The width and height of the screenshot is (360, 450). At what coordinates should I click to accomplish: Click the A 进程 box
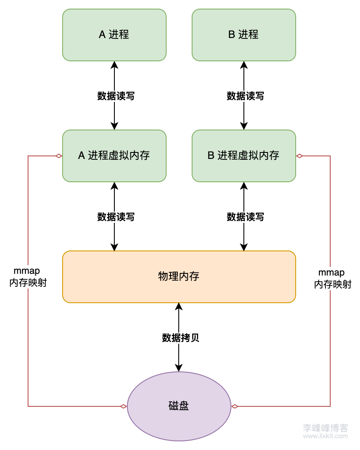(x=114, y=35)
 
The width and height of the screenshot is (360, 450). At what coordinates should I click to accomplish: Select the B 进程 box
(x=244, y=35)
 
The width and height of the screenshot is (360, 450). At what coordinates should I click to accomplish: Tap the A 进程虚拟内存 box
(x=114, y=156)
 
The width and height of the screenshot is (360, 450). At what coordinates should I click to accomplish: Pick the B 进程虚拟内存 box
(x=244, y=156)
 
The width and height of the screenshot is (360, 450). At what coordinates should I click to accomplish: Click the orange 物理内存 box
(x=179, y=277)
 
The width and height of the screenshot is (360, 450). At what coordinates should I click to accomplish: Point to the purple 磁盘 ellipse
(x=179, y=406)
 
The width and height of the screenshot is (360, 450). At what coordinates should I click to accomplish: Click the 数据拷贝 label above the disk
(x=180, y=338)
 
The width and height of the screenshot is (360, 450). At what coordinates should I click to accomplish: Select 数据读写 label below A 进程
(x=116, y=96)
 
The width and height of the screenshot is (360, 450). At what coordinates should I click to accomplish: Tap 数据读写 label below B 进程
(x=245, y=96)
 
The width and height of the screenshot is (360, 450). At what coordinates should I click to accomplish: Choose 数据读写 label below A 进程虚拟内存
(x=116, y=217)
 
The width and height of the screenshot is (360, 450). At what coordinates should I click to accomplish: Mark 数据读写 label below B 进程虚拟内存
(x=245, y=217)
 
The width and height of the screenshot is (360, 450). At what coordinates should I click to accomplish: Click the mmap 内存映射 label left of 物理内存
(x=28, y=277)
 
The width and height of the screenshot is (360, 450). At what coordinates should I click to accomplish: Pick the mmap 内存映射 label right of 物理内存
(x=332, y=279)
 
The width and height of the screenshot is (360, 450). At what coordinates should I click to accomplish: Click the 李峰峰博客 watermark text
(x=325, y=428)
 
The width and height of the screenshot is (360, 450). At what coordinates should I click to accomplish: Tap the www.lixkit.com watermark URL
(x=325, y=436)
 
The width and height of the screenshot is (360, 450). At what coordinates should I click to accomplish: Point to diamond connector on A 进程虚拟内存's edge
(x=59, y=156)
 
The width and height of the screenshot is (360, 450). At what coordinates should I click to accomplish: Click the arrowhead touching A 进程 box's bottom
(x=114, y=65)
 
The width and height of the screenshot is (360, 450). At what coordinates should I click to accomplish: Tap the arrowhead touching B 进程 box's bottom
(x=244, y=65)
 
